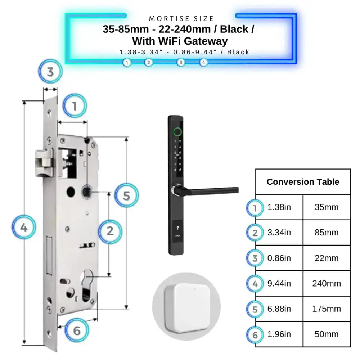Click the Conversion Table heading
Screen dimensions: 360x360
[x=303, y=182]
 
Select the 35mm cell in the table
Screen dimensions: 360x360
[x=327, y=207]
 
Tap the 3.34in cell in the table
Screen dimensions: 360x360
[x=279, y=233]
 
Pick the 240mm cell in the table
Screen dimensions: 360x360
[x=327, y=284]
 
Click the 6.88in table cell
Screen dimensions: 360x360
[x=279, y=309]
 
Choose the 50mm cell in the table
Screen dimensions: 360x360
[x=327, y=334]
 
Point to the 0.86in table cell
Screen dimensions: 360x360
[x=279, y=258]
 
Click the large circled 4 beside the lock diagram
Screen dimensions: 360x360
[x=24, y=228]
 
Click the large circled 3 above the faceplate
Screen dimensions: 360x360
[x=50, y=72]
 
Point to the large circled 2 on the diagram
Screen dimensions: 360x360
[x=111, y=231]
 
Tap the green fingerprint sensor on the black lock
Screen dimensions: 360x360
[x=177, y=131]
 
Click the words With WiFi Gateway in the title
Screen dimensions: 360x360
[x=180, y=41]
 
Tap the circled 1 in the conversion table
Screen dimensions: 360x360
[x=255, y=208]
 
